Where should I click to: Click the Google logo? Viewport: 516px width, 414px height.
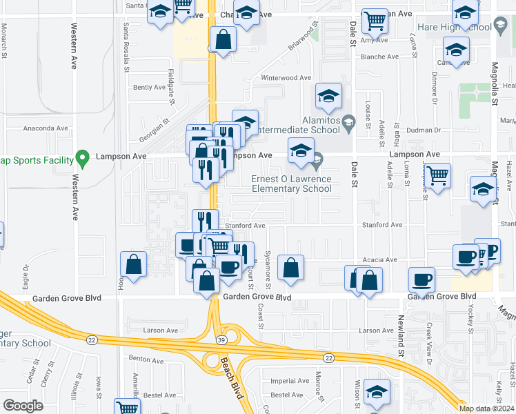coord(23,406)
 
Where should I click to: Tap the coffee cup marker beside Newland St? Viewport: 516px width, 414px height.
coord(421,279)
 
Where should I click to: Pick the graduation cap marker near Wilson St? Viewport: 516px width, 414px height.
coord(377,393)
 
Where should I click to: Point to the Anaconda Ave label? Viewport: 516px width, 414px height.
coord(46,128)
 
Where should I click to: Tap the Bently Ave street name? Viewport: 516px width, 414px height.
coord(148,88)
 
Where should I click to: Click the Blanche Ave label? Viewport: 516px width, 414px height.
coord(376,57)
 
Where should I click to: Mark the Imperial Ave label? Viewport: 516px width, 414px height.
coord(290,381)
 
